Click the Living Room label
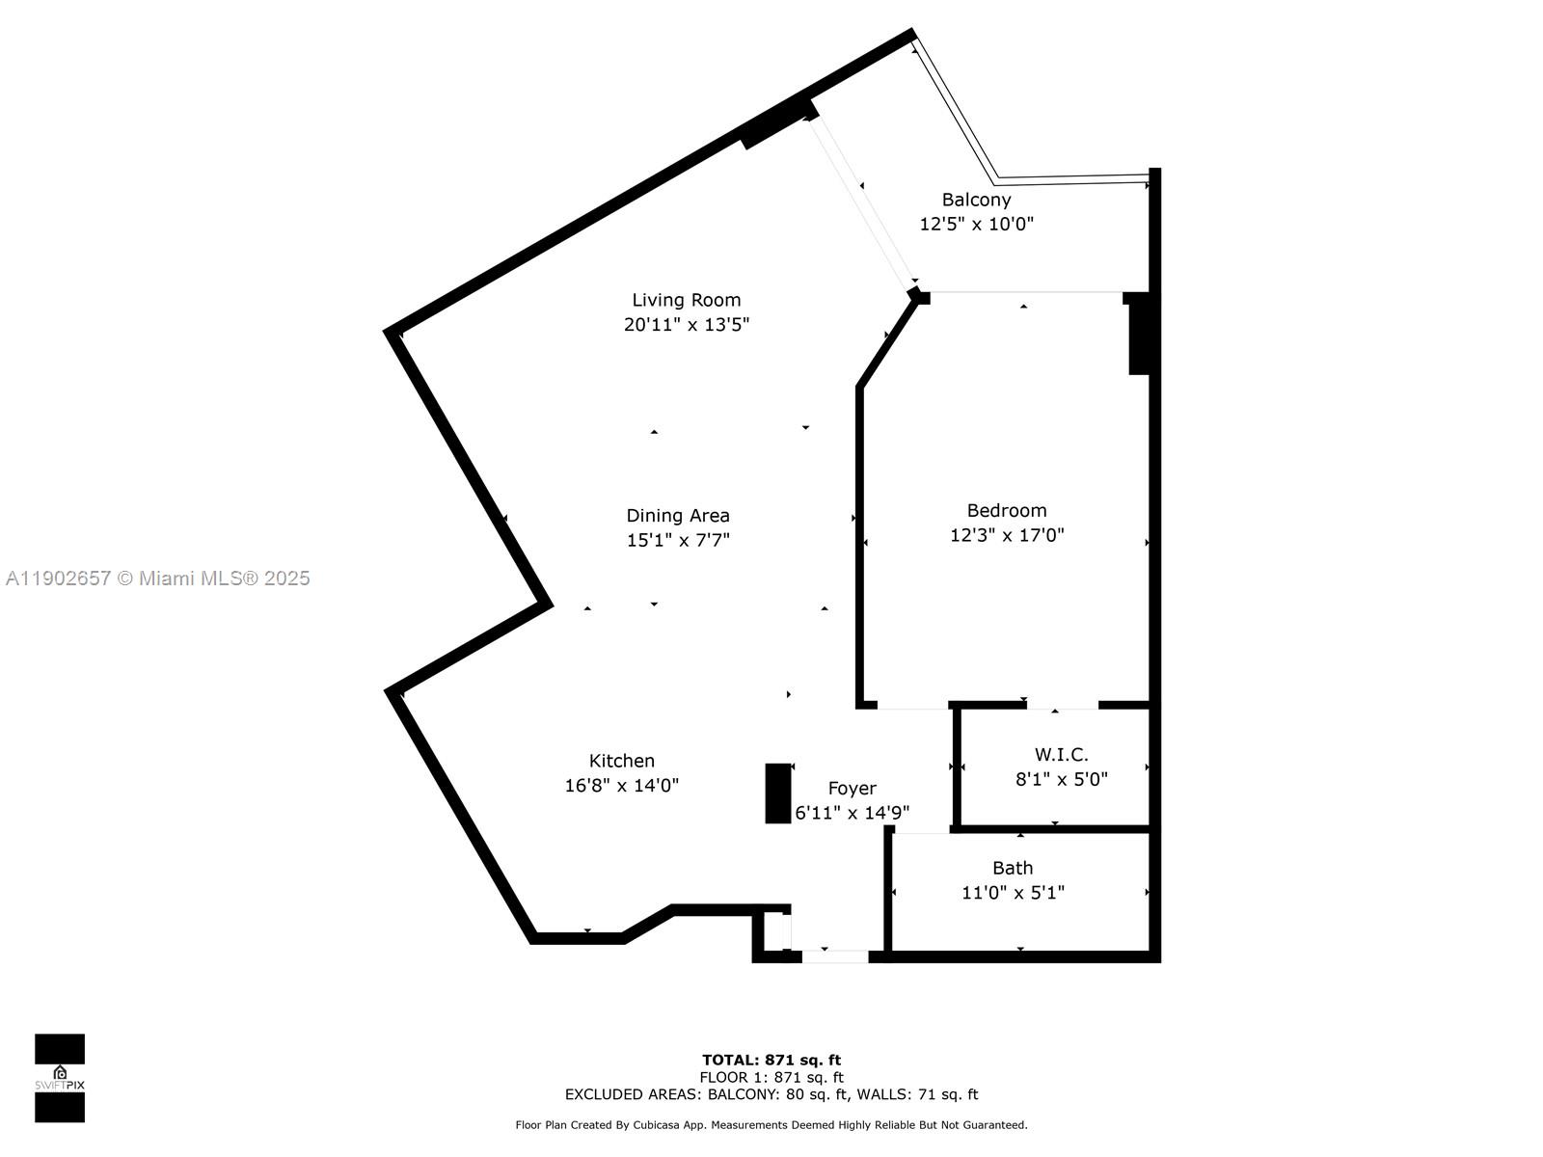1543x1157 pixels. tap(686, 300)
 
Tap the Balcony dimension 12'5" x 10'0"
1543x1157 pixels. tap(976, 224)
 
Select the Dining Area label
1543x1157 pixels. tap(677, 516)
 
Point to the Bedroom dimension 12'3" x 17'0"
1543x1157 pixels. tap(1007, 535)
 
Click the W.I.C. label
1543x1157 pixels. tap(1061, 755)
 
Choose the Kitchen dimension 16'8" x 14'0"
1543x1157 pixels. tap(621, 786)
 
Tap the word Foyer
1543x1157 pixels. tap(852, 789)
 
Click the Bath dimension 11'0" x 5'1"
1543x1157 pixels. tap(1013, 893)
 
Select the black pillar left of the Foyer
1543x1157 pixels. tap(777, 794)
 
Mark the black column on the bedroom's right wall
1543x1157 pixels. tap(1139, 335)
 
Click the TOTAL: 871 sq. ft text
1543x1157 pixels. tap(771, 1060)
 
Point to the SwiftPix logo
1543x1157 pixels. tap(60, 1078)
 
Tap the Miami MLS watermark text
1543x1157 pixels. tap(158, 578)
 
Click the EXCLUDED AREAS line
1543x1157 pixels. tap(771, 1094)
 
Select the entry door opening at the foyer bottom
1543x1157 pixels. tap(835, 956)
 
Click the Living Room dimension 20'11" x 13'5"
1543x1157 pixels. tap(686, 325)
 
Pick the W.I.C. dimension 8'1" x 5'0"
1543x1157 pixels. tap(1061, 779)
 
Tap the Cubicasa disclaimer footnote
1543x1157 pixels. tap(771, 1125)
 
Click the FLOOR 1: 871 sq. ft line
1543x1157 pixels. tap(771, 1077)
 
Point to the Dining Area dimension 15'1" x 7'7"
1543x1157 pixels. tap(677, 541)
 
